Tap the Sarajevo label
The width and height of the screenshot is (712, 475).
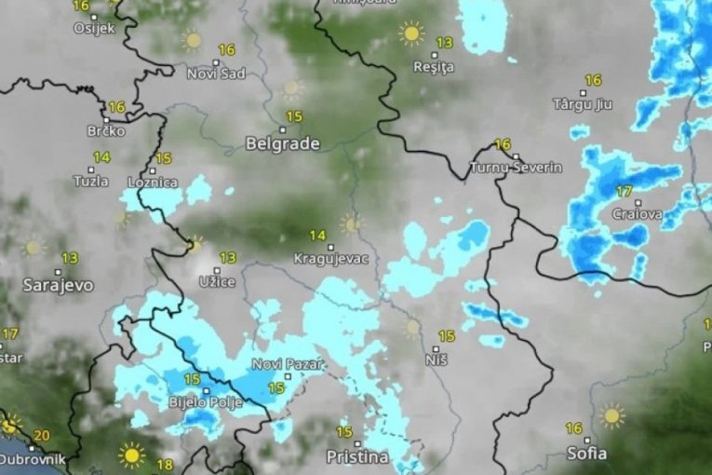58,285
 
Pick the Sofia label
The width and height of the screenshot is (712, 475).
586,454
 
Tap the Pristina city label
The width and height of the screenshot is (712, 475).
357,456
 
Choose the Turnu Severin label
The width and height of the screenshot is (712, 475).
517,168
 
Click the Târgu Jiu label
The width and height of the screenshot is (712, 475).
584,103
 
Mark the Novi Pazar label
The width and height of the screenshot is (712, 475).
288,364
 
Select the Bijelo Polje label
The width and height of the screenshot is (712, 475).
205,402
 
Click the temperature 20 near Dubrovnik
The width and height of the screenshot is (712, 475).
41,435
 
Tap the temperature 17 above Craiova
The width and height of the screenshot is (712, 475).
624,192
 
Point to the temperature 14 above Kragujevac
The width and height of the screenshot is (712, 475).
318,236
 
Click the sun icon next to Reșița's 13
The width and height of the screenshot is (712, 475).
410,34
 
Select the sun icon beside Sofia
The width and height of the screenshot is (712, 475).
611,415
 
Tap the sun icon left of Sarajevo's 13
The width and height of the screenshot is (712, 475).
34,248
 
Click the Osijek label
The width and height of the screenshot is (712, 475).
93,28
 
